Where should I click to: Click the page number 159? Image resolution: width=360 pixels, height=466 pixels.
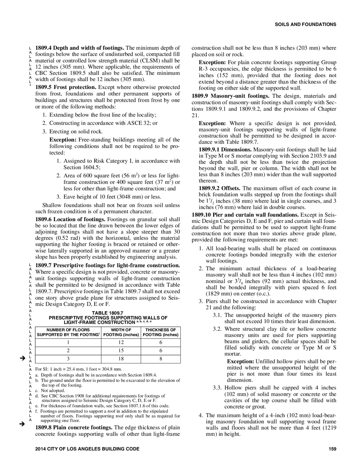(x=332, y=449)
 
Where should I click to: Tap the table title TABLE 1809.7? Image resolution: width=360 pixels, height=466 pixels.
(x=108, y=313)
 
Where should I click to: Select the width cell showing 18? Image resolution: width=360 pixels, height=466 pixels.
(x=121, y=359)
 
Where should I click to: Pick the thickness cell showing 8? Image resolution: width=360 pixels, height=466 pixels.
(x=161, y=359)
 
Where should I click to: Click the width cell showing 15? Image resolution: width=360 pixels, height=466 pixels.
(x=121, y=351)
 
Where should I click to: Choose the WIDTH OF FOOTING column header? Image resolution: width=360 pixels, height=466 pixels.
(x=121, y=332)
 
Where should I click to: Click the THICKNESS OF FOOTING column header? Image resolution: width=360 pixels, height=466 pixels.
(x=161, y=332)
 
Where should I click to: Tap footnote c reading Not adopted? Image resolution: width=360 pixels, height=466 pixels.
(x=53, y=391)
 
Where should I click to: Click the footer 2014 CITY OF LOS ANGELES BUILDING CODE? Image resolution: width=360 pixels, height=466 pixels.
(x=87, y=449)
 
